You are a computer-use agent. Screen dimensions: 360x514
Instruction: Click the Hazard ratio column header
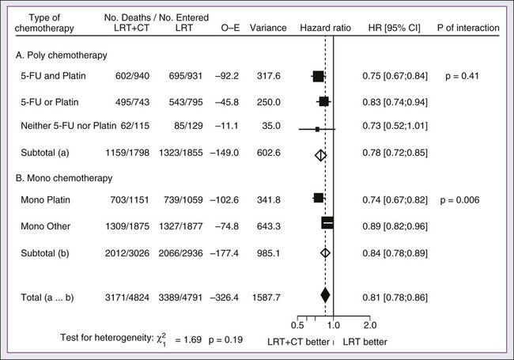(x=323, y=28)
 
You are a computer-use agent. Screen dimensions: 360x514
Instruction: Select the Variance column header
(x=268, y=28)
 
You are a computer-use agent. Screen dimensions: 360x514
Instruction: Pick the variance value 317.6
(x=267, y=77)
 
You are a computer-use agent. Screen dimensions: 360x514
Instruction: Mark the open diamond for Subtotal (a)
(x=319, y=156)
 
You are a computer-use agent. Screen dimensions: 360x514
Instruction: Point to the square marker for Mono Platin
(x=318, y=199)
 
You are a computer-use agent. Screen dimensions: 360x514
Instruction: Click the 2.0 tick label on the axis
(x=369, y=324)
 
